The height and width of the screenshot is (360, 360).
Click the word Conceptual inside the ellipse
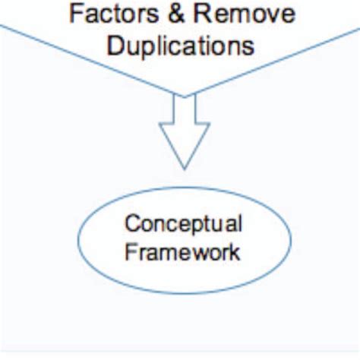[x=183, y=225]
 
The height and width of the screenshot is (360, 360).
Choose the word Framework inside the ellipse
[x=183, y=251]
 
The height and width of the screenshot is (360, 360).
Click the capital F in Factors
[x=75, y=14]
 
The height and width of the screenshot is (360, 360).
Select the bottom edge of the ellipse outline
[x=183, y=293]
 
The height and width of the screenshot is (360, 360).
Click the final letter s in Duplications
[x=248, y=45]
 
